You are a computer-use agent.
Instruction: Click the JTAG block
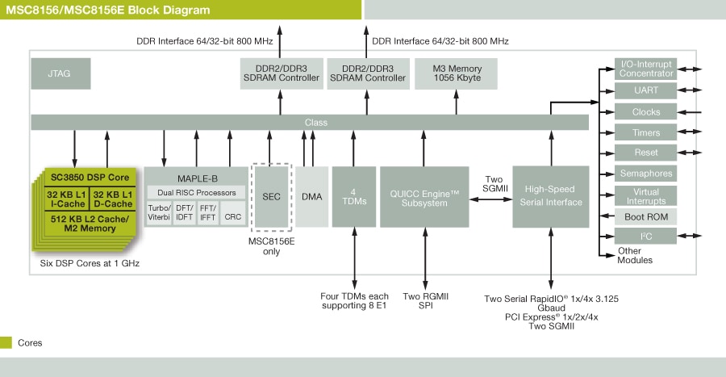pyautogui.click(x=59, y=73)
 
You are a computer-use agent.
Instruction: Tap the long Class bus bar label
pyautogui.click(x=315, y=123)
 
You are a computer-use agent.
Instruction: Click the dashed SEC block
pyautogui.click(x=271, y=196)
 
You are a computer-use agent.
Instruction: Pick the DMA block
pyautogui.click(x=311, y=196)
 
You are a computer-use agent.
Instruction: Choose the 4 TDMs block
pyautogui.click(x=354, y=196)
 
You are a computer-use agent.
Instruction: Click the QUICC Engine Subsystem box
pyautogui.click(x=424, y=197)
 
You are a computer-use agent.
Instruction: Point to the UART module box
pyautogui.click(x=647, y=90)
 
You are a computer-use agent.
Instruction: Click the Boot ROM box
pyautogui.click(x=647, y=216)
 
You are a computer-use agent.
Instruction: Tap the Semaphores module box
pyautogui.click(x=647, y=174)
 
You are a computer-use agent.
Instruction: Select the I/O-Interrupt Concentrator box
pyautogui.click(x=647, y=69)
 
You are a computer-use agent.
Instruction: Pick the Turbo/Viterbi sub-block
pyautogui.click(x=159, y=213)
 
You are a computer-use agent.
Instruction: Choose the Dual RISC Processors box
pyautogui.click(x=197, y=192)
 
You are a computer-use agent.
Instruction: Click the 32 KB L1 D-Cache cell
pyautogui.click(x=112, y=199)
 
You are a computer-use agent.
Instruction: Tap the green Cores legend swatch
pyautogui.click(x=6, y=342)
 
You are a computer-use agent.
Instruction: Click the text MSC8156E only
pyautogui.click(x=271, y=245)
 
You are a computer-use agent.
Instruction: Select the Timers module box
pyautogui.click(x=647, y=132)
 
